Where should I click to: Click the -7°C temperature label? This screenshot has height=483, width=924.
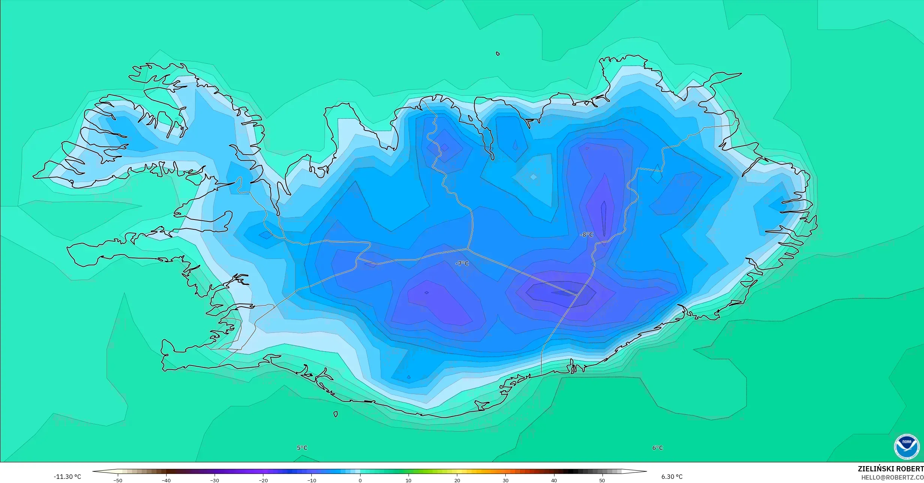pyautogui.click(x=462, y=263)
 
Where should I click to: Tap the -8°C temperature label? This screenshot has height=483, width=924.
pyautogui.click(x=587, y=235)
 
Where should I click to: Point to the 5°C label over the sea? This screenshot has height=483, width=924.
pyautogui.click(x=302, y=448)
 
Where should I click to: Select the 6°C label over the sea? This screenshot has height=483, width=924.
pyautogui.click(x=658, y=448)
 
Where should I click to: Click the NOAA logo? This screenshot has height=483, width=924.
pyautogui.click(x=907, y=447)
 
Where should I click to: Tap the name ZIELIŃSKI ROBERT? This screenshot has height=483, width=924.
pyautogui.click(x=891, y=469)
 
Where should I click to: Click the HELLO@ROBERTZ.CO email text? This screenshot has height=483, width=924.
pyautogui.click(x=892, y=477)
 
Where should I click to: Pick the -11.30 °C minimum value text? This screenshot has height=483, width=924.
pyautogui.click(x=67, y=477)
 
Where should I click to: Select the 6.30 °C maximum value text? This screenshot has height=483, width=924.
pyautogui.click(x=672, y=477)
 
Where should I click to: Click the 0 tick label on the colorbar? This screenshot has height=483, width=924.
pyautogui.click(x=360, y=480)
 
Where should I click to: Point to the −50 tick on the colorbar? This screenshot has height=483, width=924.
pyautogui.click(x=118, y=480)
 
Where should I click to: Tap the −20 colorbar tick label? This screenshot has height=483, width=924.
pyautogui.click(x=263, y=480)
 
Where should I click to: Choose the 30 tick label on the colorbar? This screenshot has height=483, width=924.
pyautogui.click(x=506, y=480)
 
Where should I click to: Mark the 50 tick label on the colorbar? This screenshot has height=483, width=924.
pyautogui.click(x=602, y=480)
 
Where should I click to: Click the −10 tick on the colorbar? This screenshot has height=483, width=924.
pyautogui.click(x=311, y=480)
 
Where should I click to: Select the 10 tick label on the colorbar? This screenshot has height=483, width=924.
pyautogui.click(x=409, y=480)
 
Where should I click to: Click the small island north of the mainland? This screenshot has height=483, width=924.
pyautogui.click(x=498, y=54)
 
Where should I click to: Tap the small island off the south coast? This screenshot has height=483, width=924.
pyautogui.click(x=336, y=414)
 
